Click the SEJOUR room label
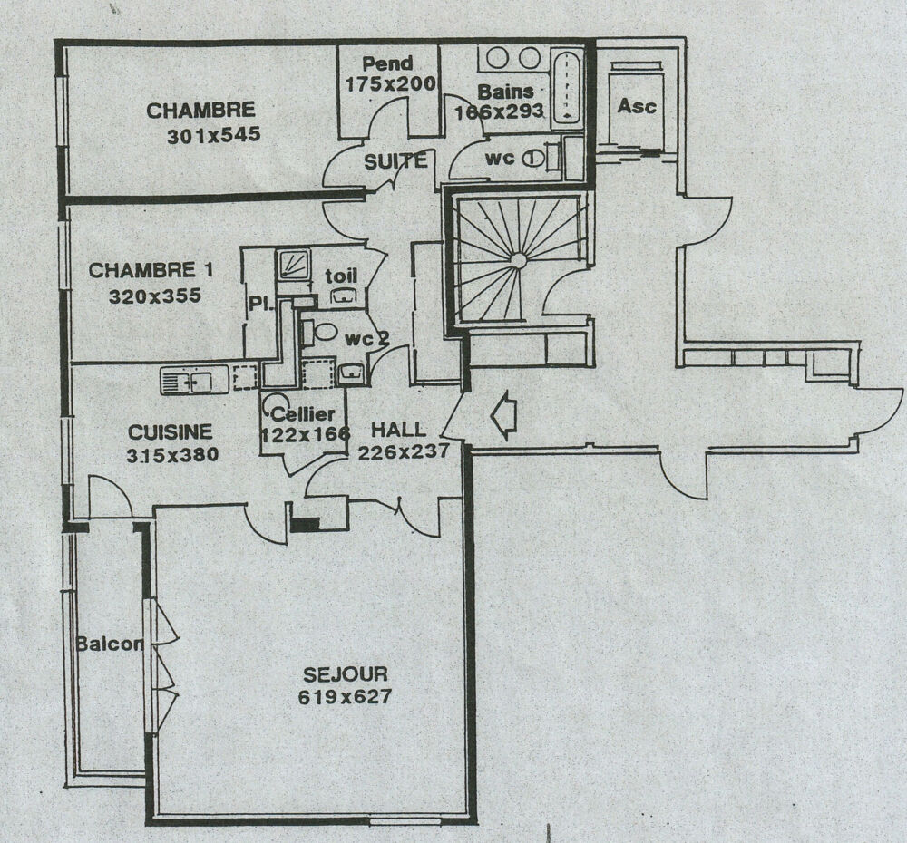[345, 674]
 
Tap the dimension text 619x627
[345, 697]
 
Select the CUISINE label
[171, 431]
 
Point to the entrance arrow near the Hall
[502, 414]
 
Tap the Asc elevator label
[637, 106]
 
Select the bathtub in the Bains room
[566, 88]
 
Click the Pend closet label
[387, 63]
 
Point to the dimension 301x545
[213, 135]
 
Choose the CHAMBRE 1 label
[151, 270]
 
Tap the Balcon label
[110, 644]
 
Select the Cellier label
[303, 414]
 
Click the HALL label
[398, 430]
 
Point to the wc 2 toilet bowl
[325, 332]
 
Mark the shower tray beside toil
[293, 264]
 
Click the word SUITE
[395, 161]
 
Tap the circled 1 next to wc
[532, 159]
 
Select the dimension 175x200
[390, 84]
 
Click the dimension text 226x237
[404, 451]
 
